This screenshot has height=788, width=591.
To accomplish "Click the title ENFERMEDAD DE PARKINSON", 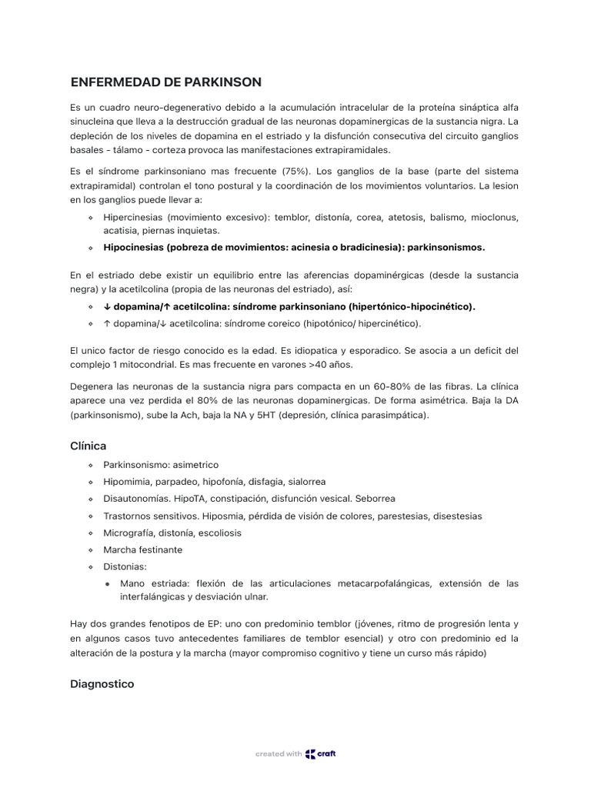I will click(x=165, y=82).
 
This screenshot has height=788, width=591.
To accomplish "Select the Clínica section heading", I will click(x=88, y=446).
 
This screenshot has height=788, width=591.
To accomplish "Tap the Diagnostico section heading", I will click(x=102, y=683).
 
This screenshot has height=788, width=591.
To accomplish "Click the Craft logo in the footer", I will click(x=321, y=754).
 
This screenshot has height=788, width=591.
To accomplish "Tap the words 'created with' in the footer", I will click(x=279, y=754).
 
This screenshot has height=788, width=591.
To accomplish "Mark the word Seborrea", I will click(x=375, y=499).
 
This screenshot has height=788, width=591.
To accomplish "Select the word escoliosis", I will click(x=218, y=533).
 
